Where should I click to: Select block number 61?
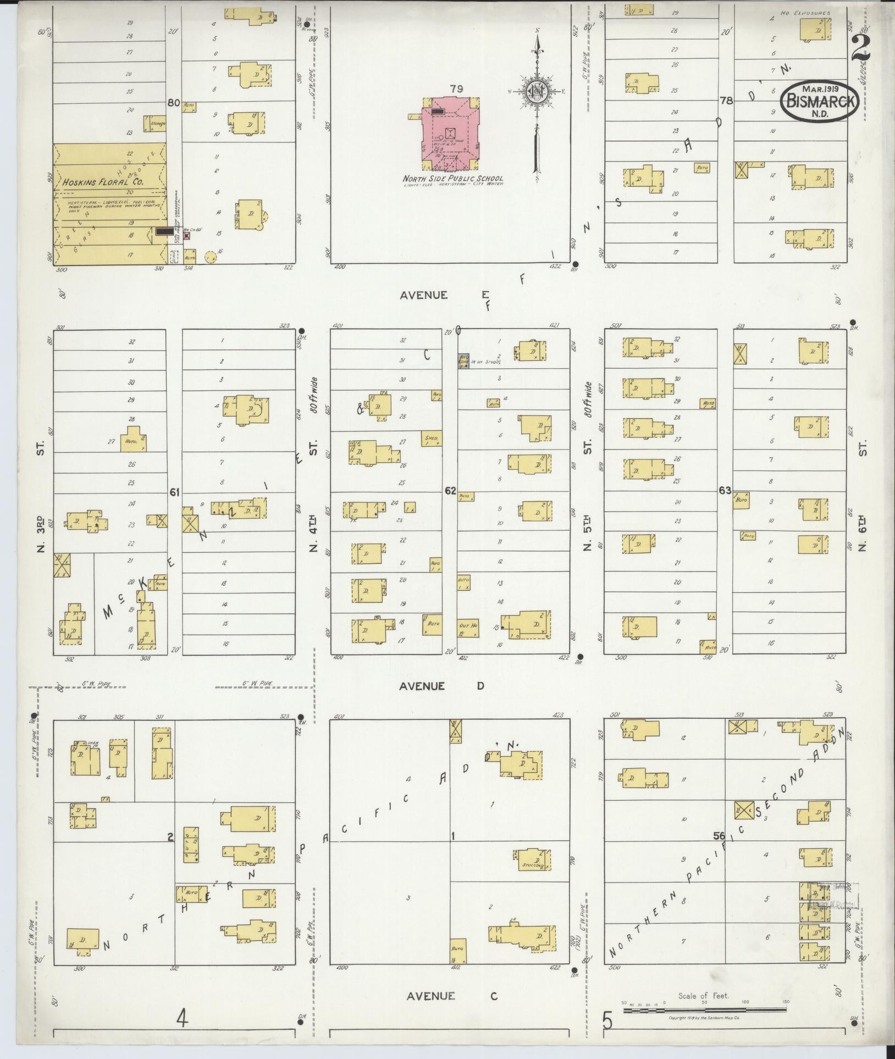click(174, 492)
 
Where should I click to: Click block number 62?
click(450, 491)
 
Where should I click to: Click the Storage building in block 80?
click(156, 124)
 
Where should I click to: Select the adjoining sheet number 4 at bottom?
click(182, 1019)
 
